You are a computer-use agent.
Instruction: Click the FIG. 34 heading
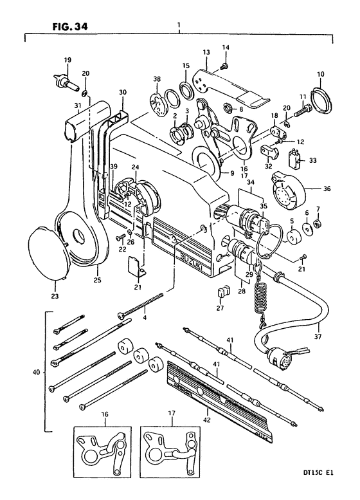tap(70, 26)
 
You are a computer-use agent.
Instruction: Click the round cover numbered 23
tap(50, 252)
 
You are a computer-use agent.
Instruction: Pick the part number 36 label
tap(327, 189)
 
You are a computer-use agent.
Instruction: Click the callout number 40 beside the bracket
tap(36, 372)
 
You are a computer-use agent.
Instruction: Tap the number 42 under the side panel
tap(207, 420)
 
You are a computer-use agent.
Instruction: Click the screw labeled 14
tap(224, 66)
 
